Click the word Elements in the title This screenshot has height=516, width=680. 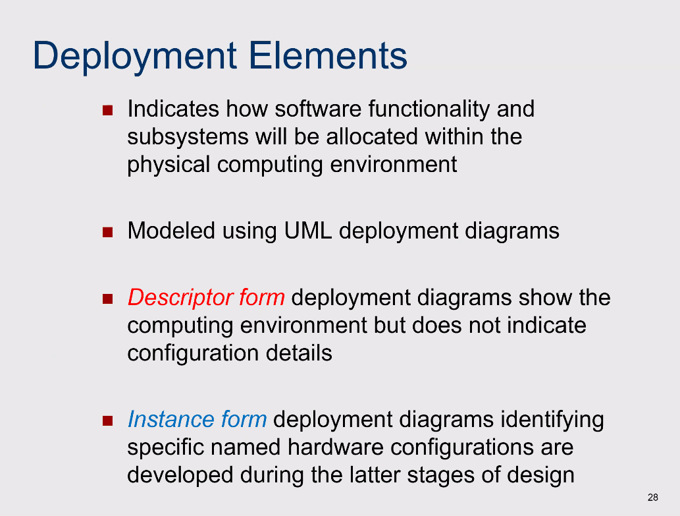(x=328, y=55)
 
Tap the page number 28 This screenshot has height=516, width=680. (x=652, y=498)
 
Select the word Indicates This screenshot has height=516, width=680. (x=173, y=109)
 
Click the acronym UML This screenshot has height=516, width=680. (x=308, y=231)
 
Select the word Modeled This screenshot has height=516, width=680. (x=171, y=231)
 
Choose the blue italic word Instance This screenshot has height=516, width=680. (x=171, y=419)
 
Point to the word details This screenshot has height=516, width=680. (x=299, y=353)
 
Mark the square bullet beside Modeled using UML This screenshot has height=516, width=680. (x=107, y=232)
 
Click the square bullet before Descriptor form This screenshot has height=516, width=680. (x=107, y=299)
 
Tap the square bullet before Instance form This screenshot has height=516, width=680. (x=107, y=421)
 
